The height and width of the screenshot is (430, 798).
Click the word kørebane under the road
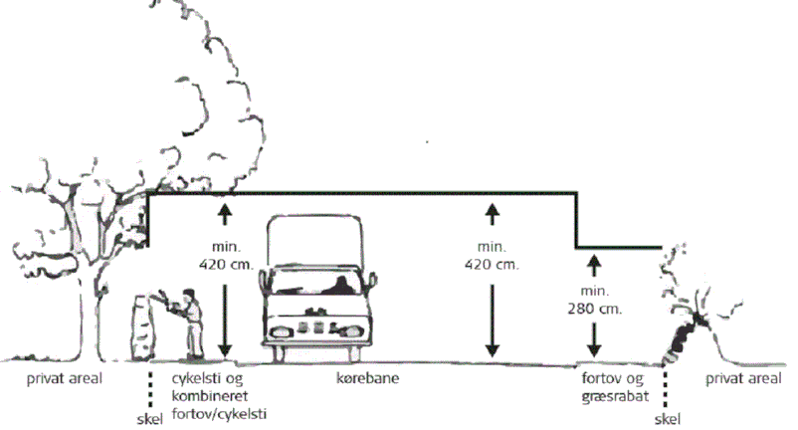(x=367, y=378)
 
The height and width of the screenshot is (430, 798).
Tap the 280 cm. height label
(x=594, y=309)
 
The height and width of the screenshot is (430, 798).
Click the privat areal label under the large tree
(x=64, y=379)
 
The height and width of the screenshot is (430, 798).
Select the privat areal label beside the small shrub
(x=743, y=379)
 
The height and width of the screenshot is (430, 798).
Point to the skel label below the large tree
(x=150, y=419)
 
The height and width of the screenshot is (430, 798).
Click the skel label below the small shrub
(x=668, y=419)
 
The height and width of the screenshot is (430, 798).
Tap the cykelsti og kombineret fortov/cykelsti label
(x=219, y=396)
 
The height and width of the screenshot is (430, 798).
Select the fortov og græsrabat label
(x=615, y=388)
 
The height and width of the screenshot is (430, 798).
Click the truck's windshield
(x=317, y=281)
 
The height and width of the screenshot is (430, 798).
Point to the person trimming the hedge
(x=191, y=323)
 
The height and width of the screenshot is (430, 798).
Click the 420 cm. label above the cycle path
(x=226, y=265)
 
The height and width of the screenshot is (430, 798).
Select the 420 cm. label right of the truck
(x=492, y=265)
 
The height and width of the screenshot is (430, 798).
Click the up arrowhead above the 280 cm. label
(x=594, y=259)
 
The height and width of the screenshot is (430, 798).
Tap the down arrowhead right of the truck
(x=492, y=350)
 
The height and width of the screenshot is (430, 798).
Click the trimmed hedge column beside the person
(x=143, y=326)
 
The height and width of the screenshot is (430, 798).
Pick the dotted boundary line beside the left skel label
(x=150, y=389)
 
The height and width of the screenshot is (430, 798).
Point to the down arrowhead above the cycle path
(x=225, y=350)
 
